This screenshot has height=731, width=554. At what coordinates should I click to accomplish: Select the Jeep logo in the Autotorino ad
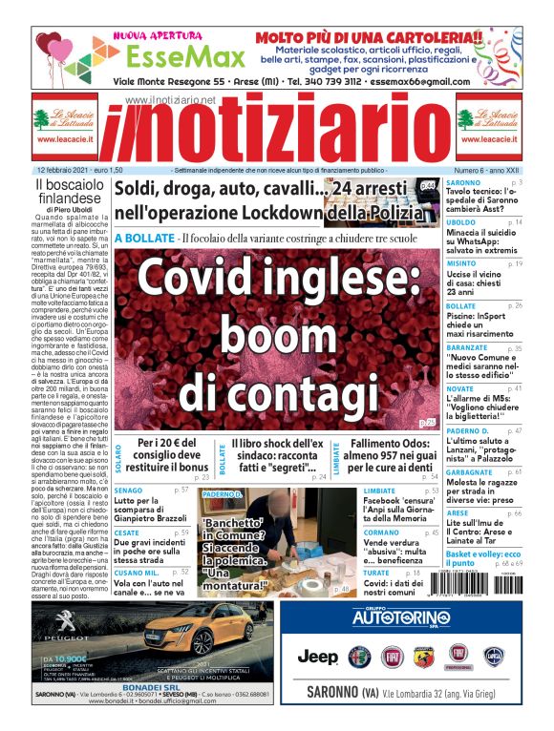(317, 657)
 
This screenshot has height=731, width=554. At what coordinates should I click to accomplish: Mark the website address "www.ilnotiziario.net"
(170, 100)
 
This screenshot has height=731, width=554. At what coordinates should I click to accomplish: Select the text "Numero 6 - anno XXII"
(487, 170)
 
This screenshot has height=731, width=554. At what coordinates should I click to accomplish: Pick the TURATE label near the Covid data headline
(376, 572)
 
